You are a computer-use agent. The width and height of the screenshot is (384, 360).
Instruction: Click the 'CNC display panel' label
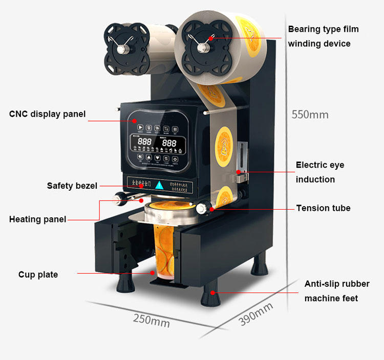click(x=47, y=114)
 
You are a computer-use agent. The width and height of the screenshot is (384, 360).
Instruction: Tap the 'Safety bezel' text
click(x=72, y=186)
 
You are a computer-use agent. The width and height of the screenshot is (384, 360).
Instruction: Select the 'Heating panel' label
click(x=37, y=219)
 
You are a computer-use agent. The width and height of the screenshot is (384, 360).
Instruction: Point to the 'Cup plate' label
click(x=38, y=275)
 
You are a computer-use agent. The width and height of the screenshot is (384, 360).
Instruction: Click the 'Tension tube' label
click(x=323, y=208)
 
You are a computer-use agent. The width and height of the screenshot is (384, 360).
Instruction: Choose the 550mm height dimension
click(x=310, y=115)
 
